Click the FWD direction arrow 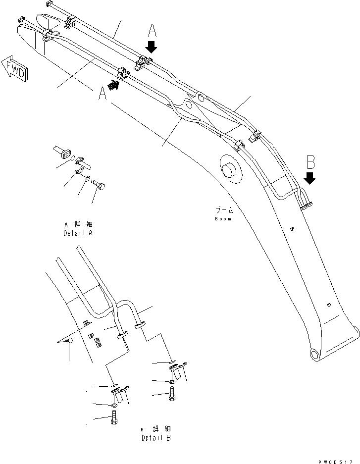coord(15,68)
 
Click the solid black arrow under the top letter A coord(152,47)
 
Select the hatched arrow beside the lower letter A coord(113,86)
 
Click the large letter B coord(310,161)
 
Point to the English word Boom coord(223,218)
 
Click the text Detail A coord(78,233)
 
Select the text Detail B coord(156,438)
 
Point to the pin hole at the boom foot coord(314,354)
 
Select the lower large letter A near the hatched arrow coord(102,94)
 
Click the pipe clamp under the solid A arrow coord(142,64)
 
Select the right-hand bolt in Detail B coord(171,394)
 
